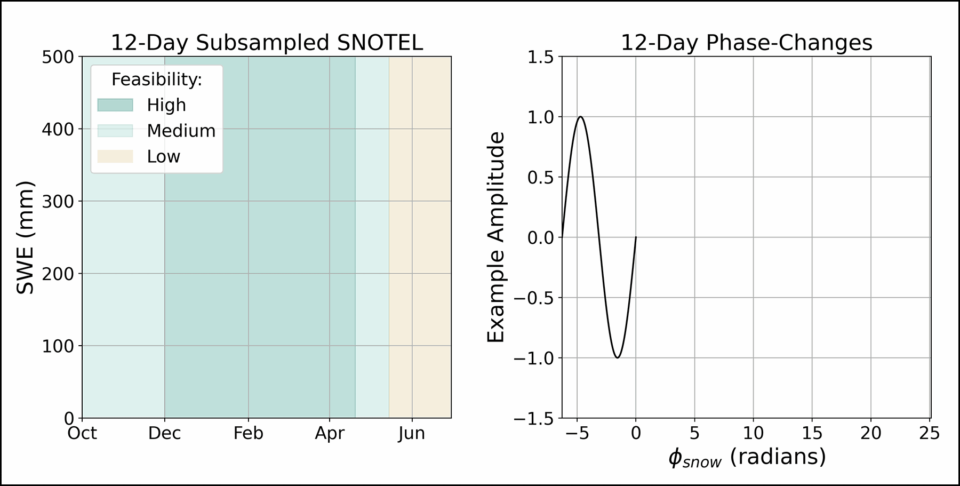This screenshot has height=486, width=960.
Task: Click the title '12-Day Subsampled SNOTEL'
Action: [267, 43]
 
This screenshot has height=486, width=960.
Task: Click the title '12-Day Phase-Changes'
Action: [746, 43]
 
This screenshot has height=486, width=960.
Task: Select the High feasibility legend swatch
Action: [115, 105]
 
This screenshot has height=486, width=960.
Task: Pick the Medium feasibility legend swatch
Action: [115, 131]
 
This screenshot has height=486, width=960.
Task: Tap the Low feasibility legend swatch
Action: [115, 157]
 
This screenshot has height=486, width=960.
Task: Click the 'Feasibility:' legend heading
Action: [156, 79]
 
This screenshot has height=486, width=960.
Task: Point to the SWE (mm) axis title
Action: [25, 237]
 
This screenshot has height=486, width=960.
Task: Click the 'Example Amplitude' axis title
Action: [496, 237]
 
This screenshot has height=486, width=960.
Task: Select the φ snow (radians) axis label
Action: [746, 458]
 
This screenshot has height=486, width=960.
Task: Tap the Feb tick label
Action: [248, 433]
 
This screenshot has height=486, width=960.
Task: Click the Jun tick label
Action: [412, 433]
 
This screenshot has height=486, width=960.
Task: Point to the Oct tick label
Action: [82, 433]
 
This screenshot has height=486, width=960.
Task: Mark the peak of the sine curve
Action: [580, 116]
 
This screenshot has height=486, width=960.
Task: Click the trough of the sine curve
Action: [617, 357]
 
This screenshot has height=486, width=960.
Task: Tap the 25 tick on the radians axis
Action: [929, 433]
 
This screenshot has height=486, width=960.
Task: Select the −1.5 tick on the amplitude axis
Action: [533, 419]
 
